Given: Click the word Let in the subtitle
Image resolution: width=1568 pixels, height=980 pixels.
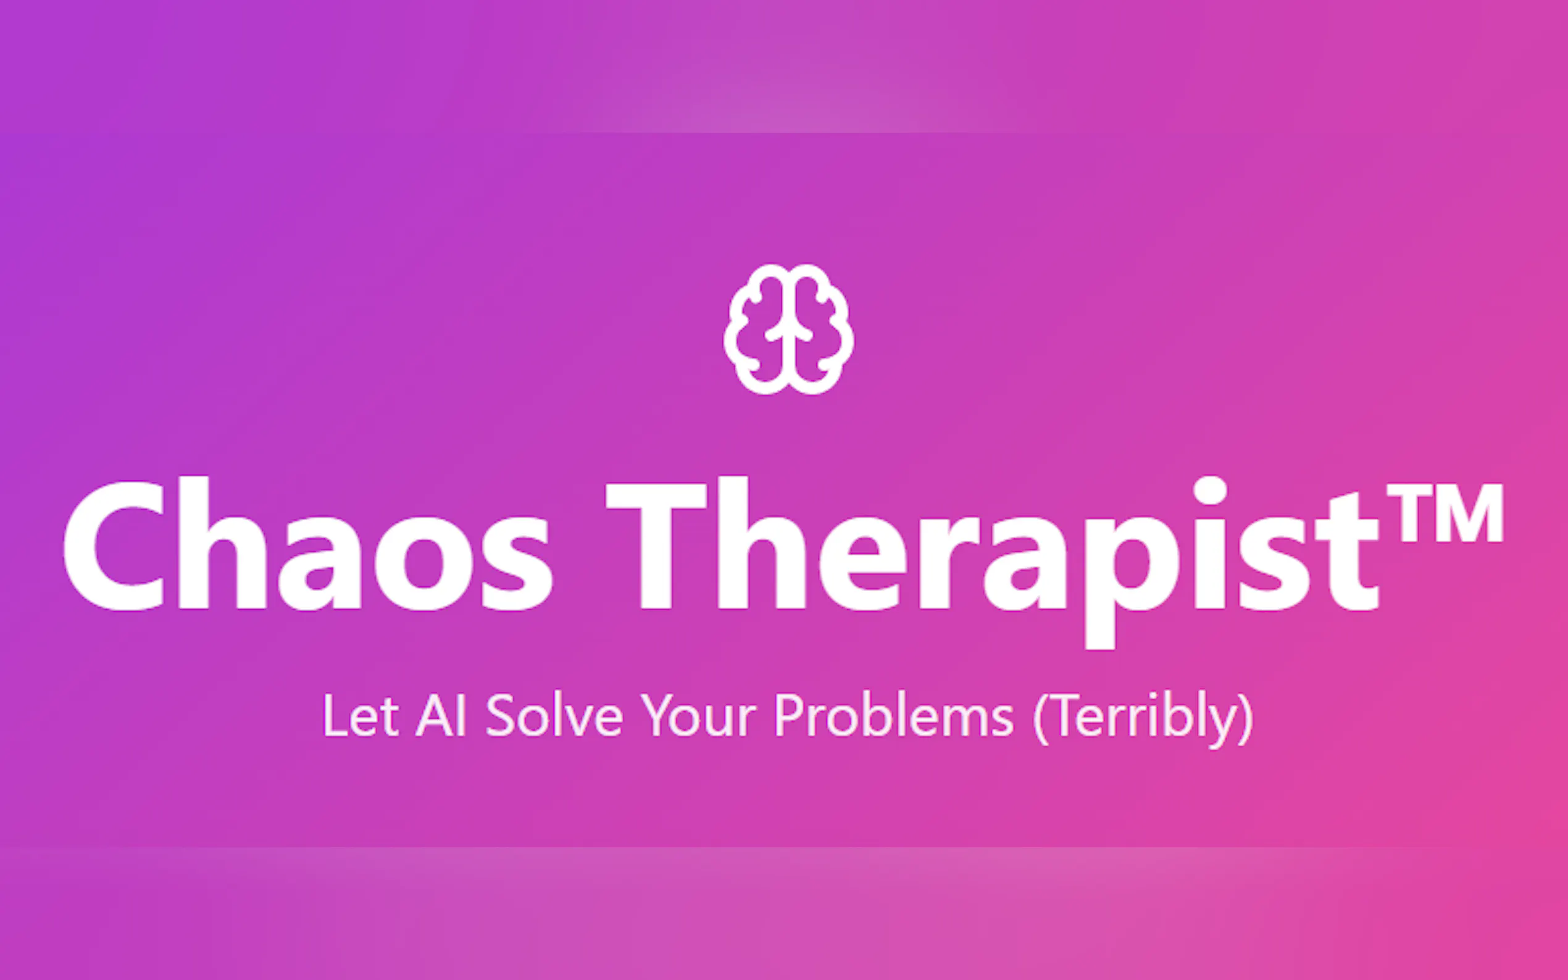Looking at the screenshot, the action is coord(361,715).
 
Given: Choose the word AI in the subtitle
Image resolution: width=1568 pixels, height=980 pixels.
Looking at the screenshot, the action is coord(441,715).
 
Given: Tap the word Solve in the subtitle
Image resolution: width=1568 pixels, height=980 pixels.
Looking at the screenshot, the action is coord(554,715).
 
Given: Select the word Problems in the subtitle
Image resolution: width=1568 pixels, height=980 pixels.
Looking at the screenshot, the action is coord(895,715).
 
